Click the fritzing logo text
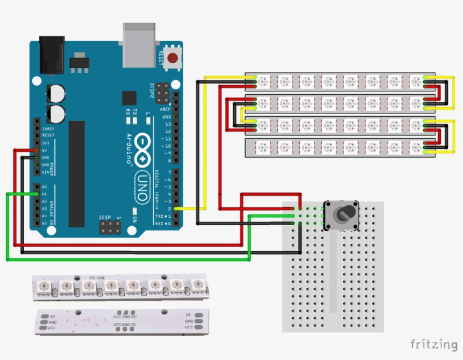[434, 344]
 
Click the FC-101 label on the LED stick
[97, 278]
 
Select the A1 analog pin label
[44, 194]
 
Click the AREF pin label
[165, 109]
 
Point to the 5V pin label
[46, 150]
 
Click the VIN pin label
[46, 172]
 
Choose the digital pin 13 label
[167, 124]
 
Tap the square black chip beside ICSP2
[129, 97]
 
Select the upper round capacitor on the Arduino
[55, 93]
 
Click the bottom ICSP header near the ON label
[110, 227]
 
